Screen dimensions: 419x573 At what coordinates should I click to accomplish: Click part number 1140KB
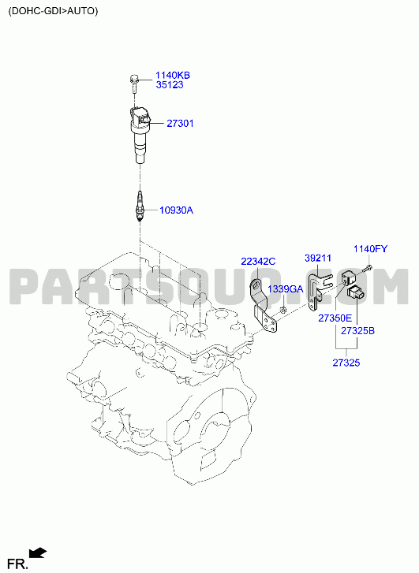coord(173,76)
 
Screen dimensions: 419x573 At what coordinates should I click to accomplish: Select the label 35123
coord(170,85)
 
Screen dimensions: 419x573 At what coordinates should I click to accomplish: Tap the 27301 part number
coord(180,124)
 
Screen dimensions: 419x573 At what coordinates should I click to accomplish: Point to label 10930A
coord(177,210)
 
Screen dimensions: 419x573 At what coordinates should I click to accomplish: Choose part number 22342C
coord(258,262)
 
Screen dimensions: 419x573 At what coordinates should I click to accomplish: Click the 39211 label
coord(318,259)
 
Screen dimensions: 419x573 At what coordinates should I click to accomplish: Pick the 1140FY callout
coord(370,249)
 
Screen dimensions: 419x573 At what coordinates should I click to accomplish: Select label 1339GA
coord(286,289)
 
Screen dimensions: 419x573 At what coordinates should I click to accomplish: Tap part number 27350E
coord(335,318)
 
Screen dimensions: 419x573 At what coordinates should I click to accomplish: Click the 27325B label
coord(358,331)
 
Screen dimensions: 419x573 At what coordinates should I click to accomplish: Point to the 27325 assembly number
coord(346,363)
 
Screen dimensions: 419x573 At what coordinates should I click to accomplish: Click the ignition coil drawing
coord(140,135)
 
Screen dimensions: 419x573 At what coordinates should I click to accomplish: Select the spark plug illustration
coord(140,207)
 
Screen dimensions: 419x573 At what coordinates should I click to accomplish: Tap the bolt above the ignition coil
coord(134,83)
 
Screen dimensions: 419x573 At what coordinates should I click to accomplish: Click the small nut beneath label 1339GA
coord(282,311)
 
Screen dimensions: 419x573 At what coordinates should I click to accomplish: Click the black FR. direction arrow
coord(38,553)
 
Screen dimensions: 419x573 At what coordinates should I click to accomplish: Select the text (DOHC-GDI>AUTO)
coord(54,11)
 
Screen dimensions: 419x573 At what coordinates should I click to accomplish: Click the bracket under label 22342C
coord(264,307)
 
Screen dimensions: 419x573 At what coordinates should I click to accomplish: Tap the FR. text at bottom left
coord(17,564)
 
